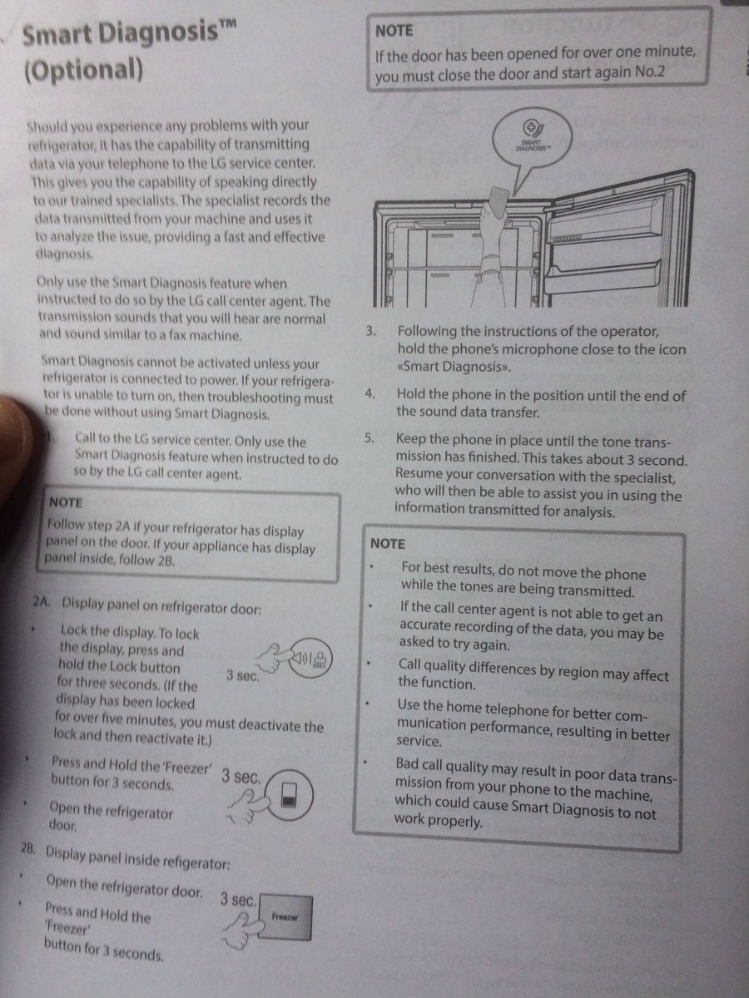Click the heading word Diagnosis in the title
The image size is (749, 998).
pos(159,34)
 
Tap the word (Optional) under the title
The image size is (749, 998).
pos(83,71)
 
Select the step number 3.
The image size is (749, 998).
pos(370,330)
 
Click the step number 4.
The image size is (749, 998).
pos(370,393)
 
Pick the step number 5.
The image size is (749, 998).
pos(369,438)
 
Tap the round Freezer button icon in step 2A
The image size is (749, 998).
pos(290,795)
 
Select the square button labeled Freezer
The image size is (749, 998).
pos(285,917)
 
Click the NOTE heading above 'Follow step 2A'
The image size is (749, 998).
pos(66,502)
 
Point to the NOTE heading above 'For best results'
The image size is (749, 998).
pos(388,544)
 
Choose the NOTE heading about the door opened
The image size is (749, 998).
pos(394,31)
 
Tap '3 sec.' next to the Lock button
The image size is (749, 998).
pos(243,675)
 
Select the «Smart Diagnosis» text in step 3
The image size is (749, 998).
pos(454,367)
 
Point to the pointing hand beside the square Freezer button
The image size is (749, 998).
pos(242,931)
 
